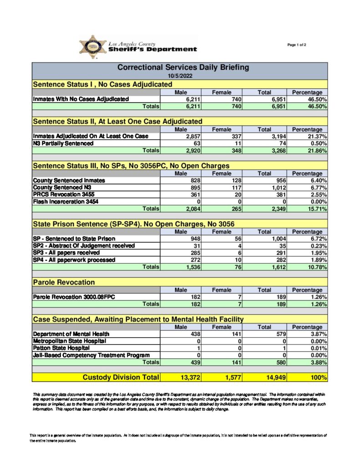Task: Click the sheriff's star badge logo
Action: point(93,47)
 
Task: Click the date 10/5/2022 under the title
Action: point(179,76)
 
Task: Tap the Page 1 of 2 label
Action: point(297,45)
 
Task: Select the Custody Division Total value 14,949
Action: point(275,377)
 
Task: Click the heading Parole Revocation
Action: point(64,282)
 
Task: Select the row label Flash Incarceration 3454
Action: point(65,202)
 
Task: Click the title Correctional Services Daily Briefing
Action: point(183,67)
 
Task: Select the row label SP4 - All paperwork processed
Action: point(74,260)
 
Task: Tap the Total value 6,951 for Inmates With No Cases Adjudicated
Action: point(275,99)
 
